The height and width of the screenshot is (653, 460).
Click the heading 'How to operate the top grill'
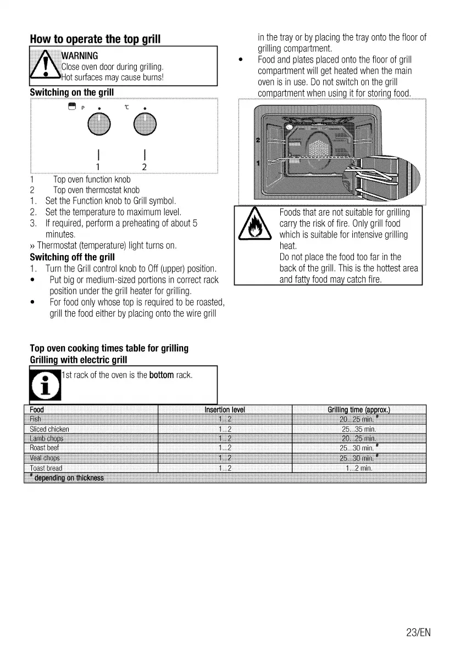tap(95, 39)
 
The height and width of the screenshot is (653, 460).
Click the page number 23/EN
tap(419, 632)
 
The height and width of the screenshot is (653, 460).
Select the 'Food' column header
tap(37, 410)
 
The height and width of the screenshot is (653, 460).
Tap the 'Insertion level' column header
tap(224, 410)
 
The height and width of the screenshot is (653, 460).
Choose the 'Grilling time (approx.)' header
tap(358, 410)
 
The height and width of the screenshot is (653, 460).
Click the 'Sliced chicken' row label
tap(49, 429)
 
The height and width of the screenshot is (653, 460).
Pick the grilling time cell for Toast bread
tap(359, 468)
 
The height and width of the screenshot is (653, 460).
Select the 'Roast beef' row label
tap(45, 448)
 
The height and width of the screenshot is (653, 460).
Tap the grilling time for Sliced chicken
tap(358, 429)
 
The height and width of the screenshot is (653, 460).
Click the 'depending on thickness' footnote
tap(68, 478)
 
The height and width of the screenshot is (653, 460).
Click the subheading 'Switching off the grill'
tap(71, 257)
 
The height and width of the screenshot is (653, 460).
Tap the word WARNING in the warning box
tap(80, 56)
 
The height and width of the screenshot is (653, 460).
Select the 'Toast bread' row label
tap(46, 468)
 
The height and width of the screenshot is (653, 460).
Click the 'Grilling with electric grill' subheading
tap(78, 360)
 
